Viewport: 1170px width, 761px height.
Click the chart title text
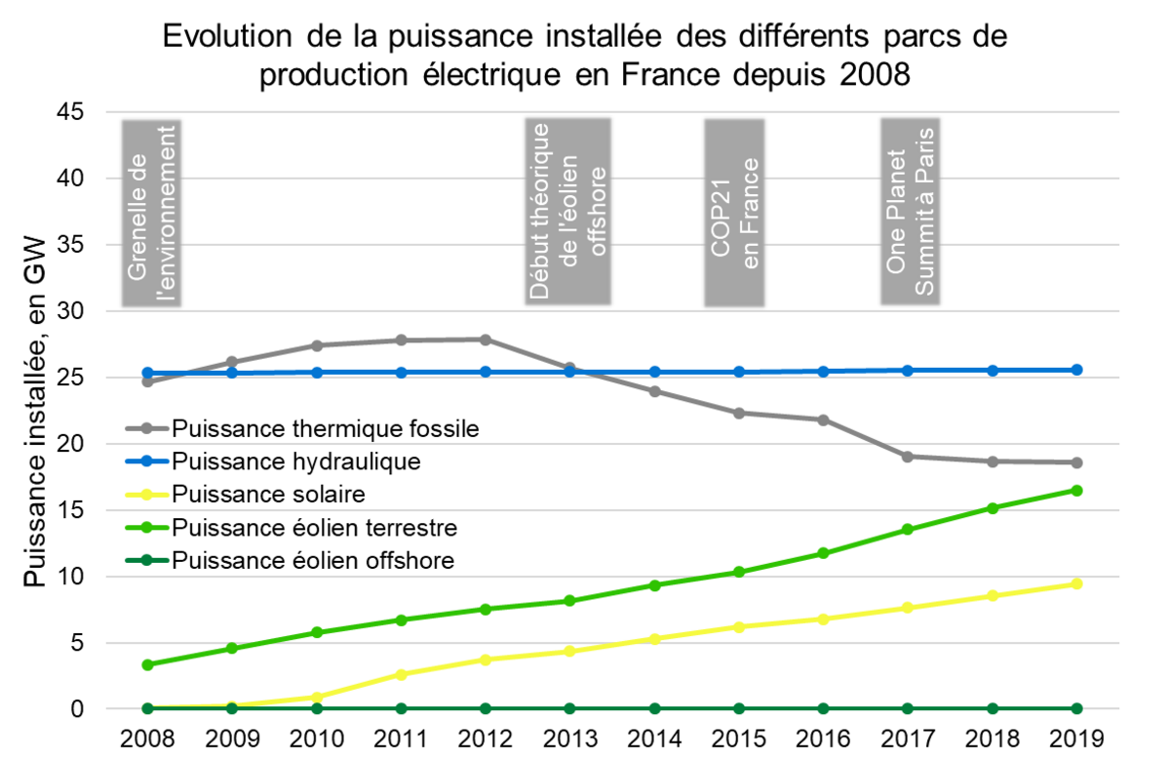point(585,56)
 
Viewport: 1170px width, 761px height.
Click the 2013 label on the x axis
point(569,737)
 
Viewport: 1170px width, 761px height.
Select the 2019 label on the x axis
point(1076,737)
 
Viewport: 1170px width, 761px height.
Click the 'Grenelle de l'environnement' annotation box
point(154,213)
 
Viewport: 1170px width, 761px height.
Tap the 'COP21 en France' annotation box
point(734,213)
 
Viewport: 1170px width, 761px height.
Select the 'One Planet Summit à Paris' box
point(911,213)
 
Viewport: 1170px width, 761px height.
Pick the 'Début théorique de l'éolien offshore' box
point(567,213)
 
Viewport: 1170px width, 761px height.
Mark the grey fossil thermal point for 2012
point(485,340)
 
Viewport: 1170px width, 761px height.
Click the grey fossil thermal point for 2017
point(908,457)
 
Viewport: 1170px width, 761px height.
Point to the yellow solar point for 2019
point(1076,583)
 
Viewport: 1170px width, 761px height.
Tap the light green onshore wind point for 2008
point(147,664)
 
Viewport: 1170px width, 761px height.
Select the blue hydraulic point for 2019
point(1076,370)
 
